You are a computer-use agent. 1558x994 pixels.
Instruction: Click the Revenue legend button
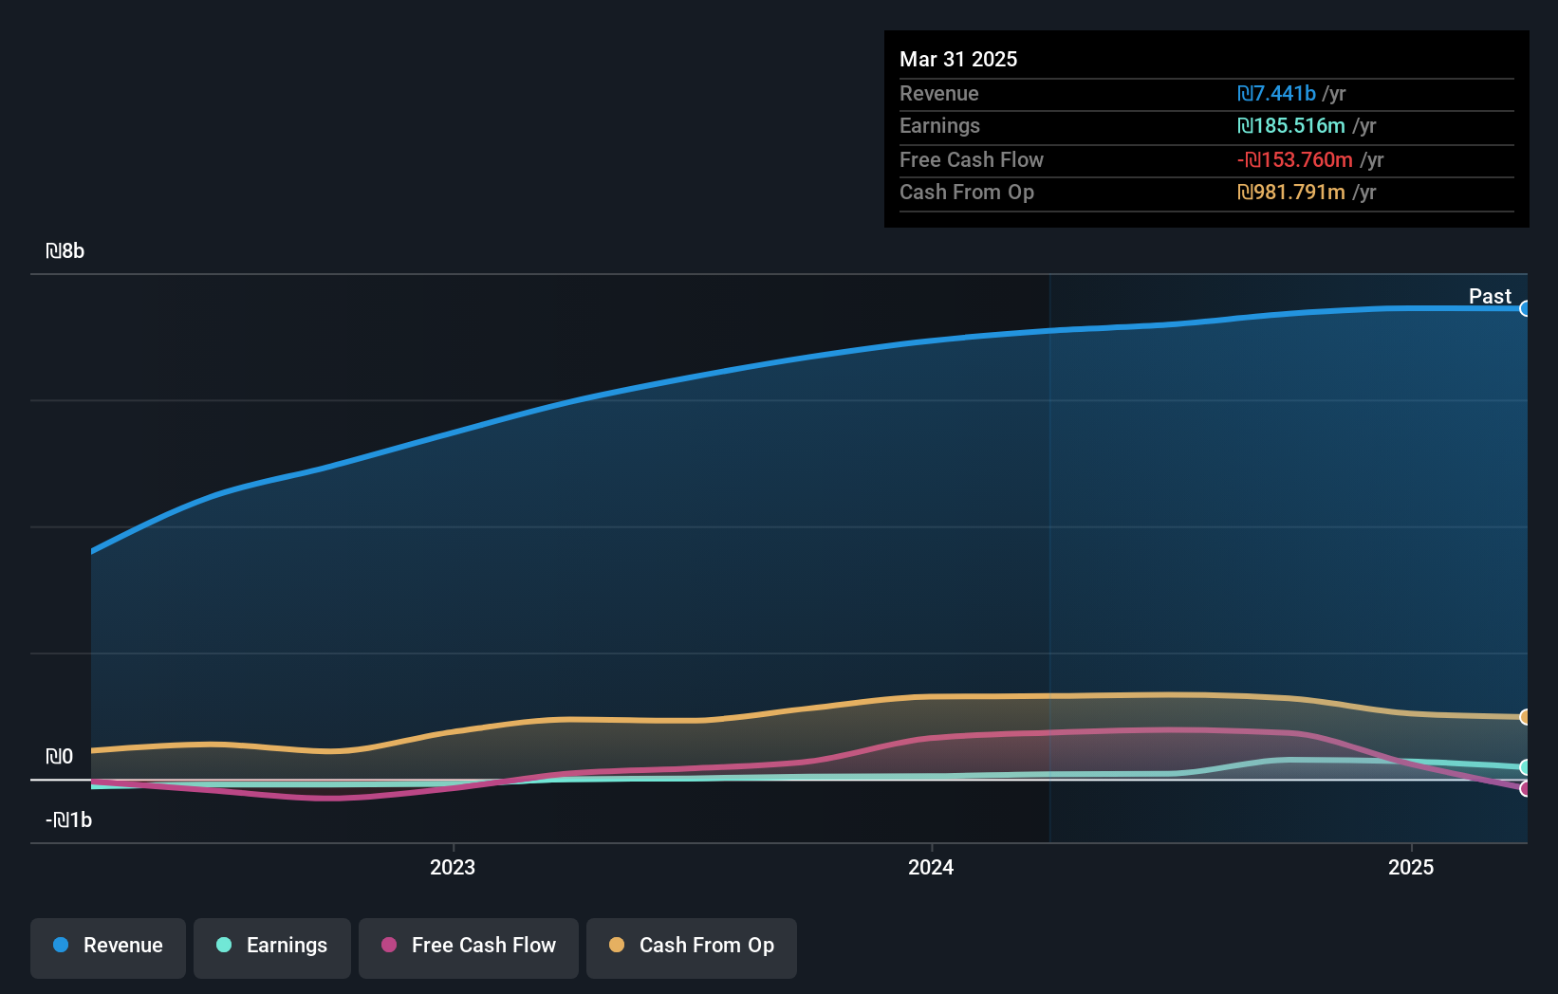tap(108, 947)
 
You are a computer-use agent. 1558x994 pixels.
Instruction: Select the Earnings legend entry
tap(272, 947)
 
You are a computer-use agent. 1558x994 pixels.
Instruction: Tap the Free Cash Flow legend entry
tap(469, 947)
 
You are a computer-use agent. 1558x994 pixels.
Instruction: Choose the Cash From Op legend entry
tap(692, 947)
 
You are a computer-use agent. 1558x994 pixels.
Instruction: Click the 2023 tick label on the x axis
tap(453, 868)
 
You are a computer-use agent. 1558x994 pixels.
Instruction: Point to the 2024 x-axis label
tap(931, 868)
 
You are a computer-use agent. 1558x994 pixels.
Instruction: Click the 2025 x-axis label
tap(1411, 868)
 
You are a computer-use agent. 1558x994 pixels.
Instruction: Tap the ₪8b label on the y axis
tap(65, 251)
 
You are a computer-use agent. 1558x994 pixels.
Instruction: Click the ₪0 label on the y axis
tap(60, 757)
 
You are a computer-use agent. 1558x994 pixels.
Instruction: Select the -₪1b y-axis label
tap(69, 820)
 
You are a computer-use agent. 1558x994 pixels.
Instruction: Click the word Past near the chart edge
tap(1490, 297)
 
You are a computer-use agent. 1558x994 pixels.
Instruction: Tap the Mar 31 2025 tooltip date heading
tap(958, 60)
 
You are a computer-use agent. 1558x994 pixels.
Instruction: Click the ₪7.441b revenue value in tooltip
tap(1276, 94)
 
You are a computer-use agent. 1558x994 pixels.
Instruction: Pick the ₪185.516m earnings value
tap(1291, 126)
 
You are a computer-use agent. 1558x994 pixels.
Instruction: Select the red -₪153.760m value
tap(1295, 160)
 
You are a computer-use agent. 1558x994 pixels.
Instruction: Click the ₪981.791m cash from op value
tap(1291, 193)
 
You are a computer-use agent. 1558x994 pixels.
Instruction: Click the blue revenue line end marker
tap(1525, 308)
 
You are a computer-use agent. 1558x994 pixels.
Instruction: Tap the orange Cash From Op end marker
tap(1525, 717)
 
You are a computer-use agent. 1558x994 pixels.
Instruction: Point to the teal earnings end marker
tap(1525, 767)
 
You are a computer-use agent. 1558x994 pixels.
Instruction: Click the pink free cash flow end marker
tap(1525, 789)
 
